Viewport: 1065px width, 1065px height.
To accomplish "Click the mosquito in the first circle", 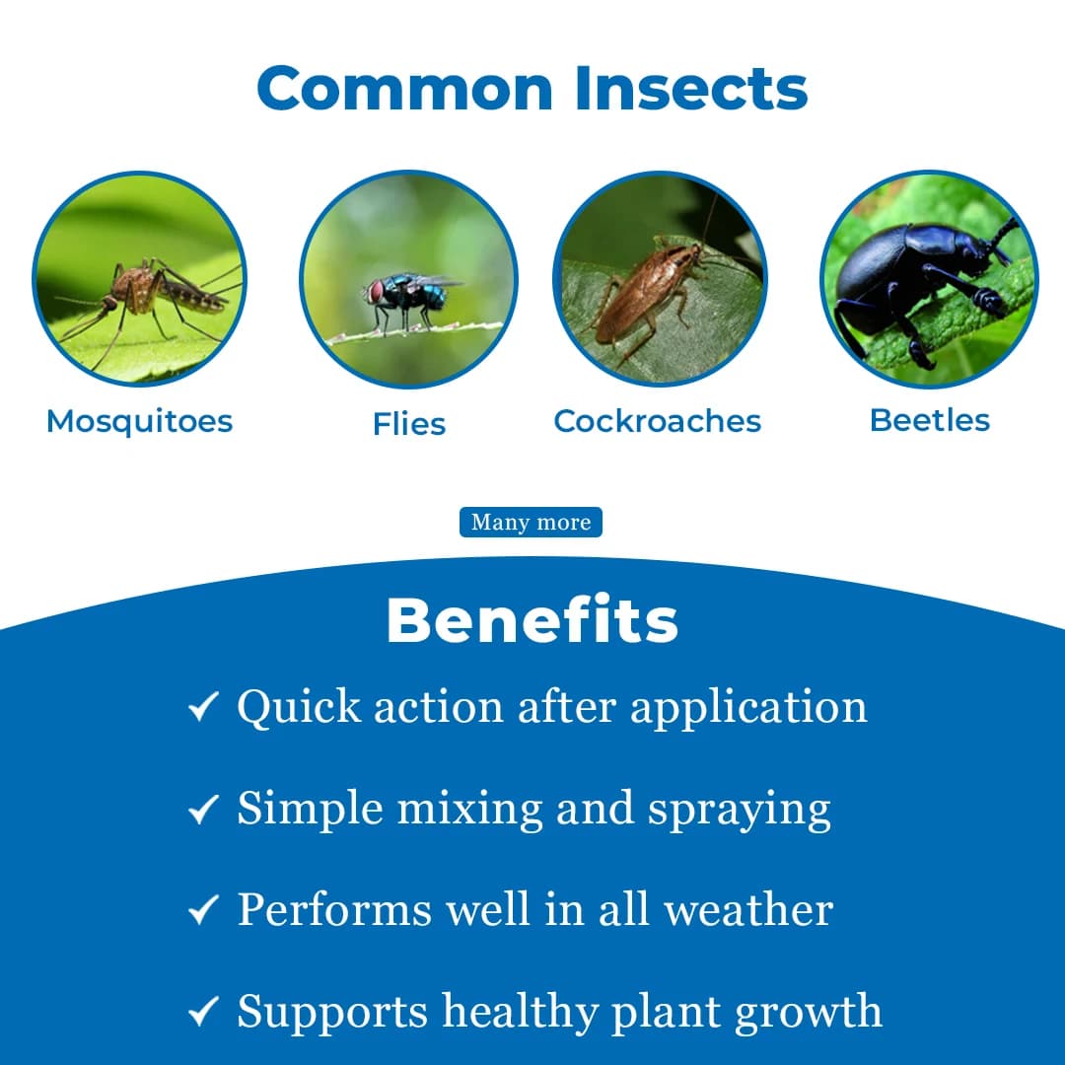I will point(148,291).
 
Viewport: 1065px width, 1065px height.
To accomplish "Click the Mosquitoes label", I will point(139,421).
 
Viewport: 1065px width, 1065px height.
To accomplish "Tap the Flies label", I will point(409,424).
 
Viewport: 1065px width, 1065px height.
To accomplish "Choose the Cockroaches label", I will point(658,421).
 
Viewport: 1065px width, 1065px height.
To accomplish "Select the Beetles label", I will point(930,420).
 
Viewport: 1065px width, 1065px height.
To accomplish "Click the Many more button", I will point(531,523).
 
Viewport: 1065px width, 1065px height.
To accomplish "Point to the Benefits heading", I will point(532,621).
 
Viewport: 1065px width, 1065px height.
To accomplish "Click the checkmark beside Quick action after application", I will point(203,707).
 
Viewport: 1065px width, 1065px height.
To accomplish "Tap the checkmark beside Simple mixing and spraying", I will point(203,810).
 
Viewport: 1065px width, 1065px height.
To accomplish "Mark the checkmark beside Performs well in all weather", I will point(203,910).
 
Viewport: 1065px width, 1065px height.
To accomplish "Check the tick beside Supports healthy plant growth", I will point(203,1013).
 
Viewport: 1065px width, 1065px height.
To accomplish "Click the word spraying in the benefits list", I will point(740,811).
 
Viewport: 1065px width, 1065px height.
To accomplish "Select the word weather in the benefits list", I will point(748,909).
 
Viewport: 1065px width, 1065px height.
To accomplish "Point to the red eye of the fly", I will point(376,291).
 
